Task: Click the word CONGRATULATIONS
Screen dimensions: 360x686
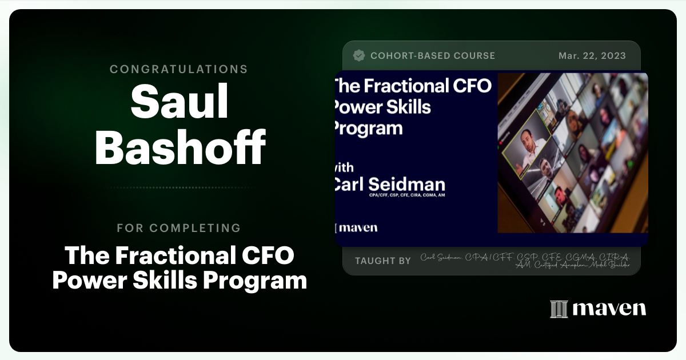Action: point(178,69)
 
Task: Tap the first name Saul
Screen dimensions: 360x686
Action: point(179,102)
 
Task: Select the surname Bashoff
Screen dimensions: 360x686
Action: point(180,146)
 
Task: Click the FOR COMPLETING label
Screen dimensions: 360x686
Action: point(178,228)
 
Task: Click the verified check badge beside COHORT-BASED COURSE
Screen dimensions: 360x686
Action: point(359,55)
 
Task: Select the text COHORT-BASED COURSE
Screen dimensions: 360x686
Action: point(433,56)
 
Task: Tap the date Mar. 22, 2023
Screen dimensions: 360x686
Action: point(592,56)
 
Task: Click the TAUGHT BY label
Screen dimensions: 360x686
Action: point(382,261)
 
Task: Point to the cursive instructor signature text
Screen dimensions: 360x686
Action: point(525,261)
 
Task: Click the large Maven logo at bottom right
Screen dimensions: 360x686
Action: point(598,309)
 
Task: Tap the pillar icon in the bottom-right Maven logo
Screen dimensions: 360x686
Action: point(559,309)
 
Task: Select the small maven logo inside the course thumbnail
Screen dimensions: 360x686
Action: point(356,227)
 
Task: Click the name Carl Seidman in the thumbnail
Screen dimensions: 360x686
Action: point(389,185)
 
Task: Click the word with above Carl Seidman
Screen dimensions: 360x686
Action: point(343,168)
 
